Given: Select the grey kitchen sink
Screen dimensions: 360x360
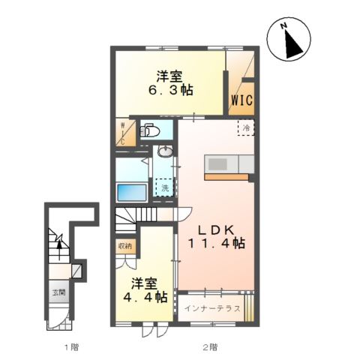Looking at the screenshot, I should point(221,163).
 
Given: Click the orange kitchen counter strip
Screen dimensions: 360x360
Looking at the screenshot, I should point(226,178).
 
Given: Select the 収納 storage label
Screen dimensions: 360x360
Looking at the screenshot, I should point(124,246).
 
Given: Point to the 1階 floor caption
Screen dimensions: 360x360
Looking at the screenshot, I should point(70,346).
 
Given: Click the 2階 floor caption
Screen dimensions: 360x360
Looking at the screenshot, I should point(210,346).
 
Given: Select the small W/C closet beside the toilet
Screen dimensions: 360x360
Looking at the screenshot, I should point(124,132).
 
